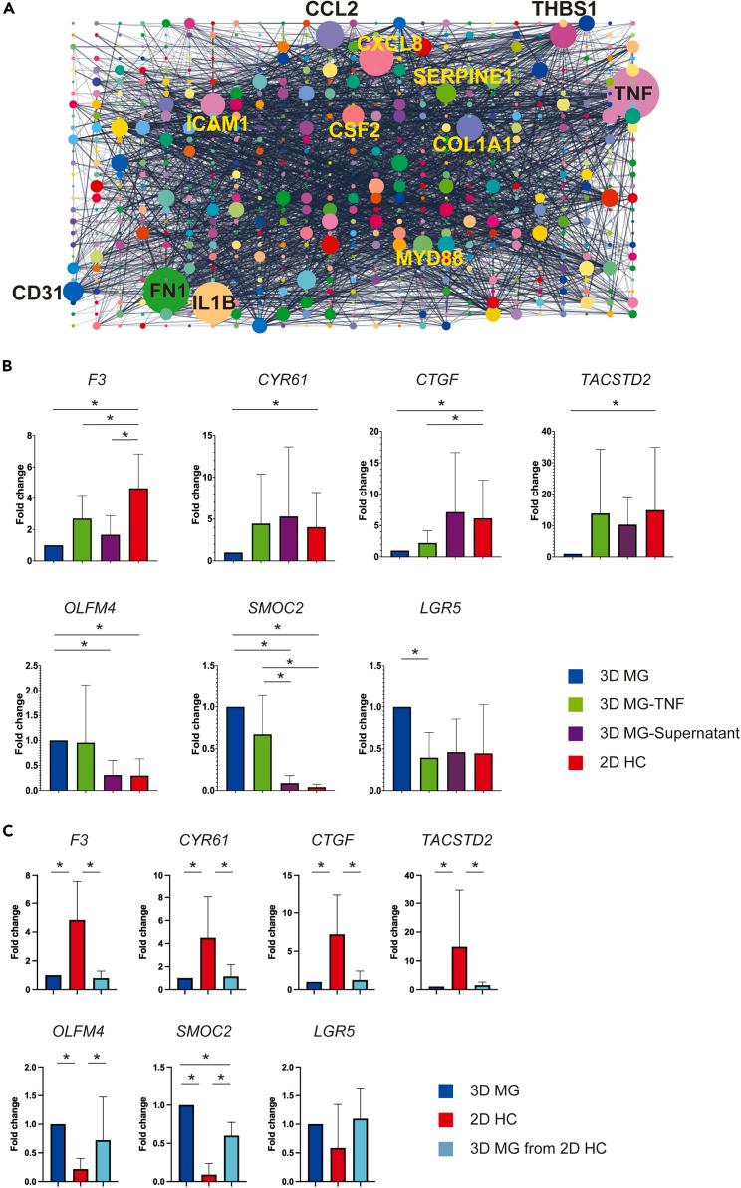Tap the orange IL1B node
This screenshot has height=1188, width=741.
pos(214,301)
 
